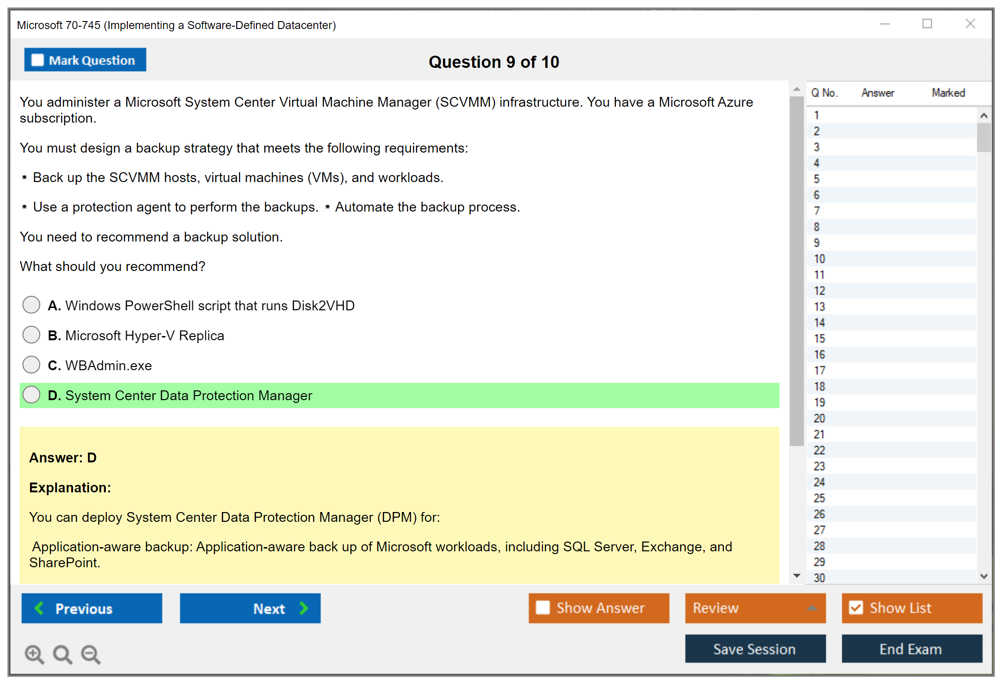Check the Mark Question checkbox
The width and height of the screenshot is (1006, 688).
37,60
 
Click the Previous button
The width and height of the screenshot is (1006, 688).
92,608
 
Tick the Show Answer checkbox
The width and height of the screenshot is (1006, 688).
543,607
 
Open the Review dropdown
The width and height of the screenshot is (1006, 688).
755,608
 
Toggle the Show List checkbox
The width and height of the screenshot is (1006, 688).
856,607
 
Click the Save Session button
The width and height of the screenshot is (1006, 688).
755,649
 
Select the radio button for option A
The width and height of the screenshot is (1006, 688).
31,305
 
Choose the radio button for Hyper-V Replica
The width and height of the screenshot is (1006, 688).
31,335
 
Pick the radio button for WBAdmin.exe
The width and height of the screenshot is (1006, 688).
31,365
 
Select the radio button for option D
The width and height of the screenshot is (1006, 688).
31,395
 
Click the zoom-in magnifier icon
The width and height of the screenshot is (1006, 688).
35,654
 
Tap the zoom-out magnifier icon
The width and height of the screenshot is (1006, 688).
91,654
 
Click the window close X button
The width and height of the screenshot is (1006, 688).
970,23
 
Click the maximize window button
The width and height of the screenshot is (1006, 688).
927,23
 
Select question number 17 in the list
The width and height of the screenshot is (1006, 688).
819,371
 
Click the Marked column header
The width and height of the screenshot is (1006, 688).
948,93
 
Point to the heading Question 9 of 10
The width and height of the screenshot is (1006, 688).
494,62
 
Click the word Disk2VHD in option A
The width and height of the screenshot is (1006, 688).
323,306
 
